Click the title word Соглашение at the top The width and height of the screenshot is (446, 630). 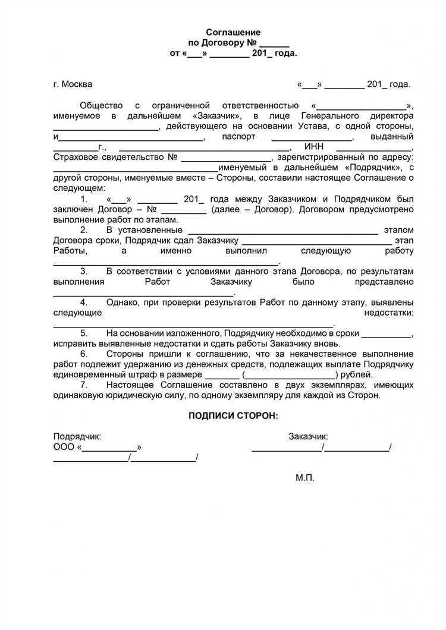point(233,32)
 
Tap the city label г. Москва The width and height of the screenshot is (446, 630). point(73,84)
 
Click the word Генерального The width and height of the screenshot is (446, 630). point(328,116)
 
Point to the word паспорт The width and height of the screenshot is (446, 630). point(238,137)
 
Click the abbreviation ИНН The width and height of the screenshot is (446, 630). point(313,147)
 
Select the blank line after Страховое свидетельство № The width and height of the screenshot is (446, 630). point(226,158)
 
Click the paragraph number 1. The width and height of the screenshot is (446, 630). point(84,199)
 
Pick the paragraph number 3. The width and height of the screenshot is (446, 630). point(84,271)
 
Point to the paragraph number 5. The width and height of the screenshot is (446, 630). point(84,333)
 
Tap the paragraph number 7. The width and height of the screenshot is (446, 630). point(84,385)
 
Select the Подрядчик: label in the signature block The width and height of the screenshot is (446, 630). point(77,436)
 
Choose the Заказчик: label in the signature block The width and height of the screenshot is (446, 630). point(308,436)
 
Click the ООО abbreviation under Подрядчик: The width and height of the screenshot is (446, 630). point(64,447)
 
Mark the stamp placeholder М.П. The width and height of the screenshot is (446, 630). point(304,477)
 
